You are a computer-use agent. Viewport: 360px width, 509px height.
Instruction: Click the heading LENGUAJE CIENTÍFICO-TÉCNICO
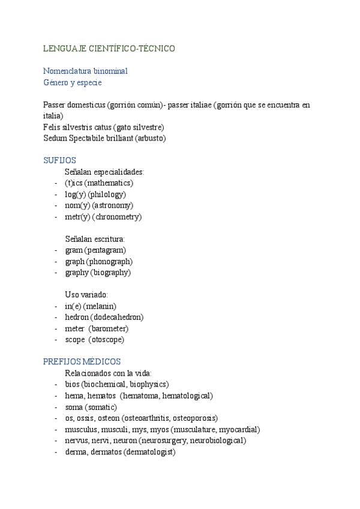tap(109, 48)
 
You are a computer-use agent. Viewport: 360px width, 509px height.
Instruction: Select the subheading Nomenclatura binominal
tap(85, 71)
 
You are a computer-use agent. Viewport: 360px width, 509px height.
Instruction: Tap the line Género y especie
tap(73, 82)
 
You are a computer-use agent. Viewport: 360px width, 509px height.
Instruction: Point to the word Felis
tap(52, 127)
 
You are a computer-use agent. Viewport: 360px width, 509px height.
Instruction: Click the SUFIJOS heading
tap(59, 161)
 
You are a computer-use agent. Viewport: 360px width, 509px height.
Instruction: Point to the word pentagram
tap(105, 250)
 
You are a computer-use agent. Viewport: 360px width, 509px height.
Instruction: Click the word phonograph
tap(109, 262)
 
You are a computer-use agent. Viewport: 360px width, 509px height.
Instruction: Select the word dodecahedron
tap(118, 317)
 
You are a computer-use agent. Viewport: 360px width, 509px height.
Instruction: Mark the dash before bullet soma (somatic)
tap(56, 408)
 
